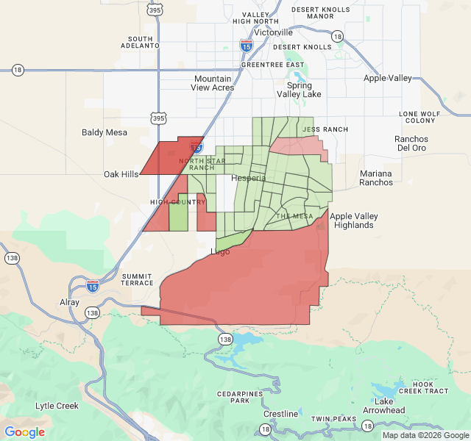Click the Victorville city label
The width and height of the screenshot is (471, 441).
(x=273, y=32)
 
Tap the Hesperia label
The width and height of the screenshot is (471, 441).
(x=249, y=178)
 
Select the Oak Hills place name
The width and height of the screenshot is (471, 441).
(x=121, y=174)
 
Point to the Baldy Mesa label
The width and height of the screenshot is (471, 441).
(x=105, y=133)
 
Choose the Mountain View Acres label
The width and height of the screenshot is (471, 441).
(x=213, y=83)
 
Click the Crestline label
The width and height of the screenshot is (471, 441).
(x=281, y=414)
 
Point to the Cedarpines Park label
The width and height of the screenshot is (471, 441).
(x=240, y=397)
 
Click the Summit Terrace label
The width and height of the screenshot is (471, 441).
(x=137, y=279)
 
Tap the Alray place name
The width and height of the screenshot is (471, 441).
(x=69, y=302)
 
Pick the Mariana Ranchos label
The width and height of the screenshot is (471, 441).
(x=376, y=178)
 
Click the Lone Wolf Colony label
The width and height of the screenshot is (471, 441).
(x=419, y=117)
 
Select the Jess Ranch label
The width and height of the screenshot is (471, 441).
(x=325, y=129)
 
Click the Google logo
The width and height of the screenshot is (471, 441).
(x=24, y=432)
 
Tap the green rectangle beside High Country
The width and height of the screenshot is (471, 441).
(x=178, y=217)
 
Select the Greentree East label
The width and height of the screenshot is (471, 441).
(x=272, y=65)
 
